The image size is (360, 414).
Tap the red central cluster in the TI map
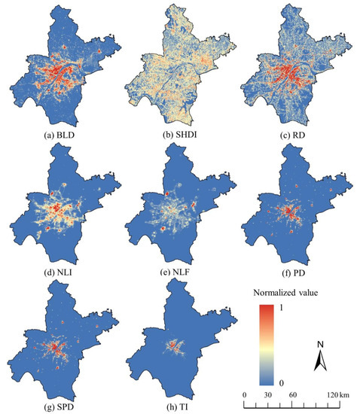[x=178, y=346]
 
